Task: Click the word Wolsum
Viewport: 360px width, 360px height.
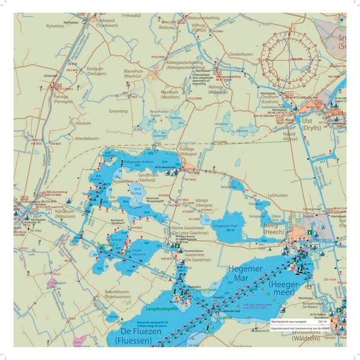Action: click(x=166, y=26)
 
